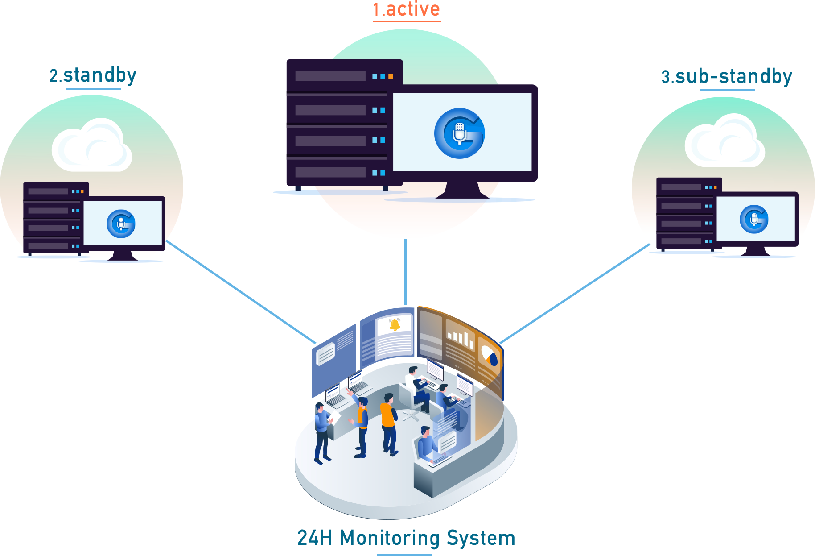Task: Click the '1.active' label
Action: (x=406, y=9)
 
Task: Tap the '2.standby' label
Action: (x=93, y=75)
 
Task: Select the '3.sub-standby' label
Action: (x=727, y=77)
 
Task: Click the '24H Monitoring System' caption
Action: (x=406, y=538)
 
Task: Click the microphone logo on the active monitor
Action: (x=459, y=133)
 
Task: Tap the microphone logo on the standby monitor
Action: (x=121, y=224)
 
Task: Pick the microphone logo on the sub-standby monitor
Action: (x=754, y=219)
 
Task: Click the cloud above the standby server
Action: (x=91, y=146)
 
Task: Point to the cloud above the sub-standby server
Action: (x=725, y=142)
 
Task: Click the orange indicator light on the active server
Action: (x=391, y=77)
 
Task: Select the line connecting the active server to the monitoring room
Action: (x=405, y=272)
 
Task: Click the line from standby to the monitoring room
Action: (x=241, y=292)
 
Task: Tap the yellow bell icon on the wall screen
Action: (x=395, y=324)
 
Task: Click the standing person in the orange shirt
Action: (x=388, y=422)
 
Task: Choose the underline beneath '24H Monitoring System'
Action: (x=404, y=555)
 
